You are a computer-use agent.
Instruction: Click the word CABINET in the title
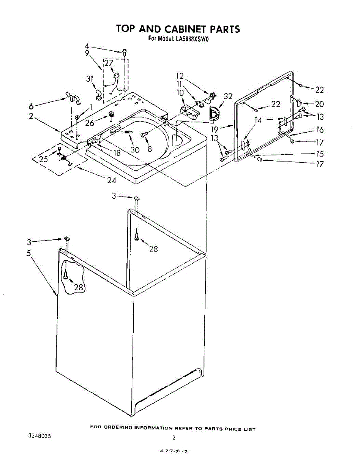click(182, 29)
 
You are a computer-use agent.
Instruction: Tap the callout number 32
click(228, 97)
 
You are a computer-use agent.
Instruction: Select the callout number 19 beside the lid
click(215, 129)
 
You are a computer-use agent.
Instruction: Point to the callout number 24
click(111, 180)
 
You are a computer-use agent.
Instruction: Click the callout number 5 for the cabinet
click(29, 253)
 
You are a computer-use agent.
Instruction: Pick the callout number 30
click(135, 150)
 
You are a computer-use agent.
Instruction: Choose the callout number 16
click(319, 130)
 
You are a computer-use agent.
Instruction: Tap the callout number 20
click(319, 104)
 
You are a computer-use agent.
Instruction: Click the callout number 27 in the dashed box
click(109, 63)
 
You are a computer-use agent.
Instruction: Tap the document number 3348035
click(40, 436)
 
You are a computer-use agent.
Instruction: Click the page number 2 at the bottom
click(174, 438)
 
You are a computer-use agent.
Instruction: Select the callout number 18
click(117, 154)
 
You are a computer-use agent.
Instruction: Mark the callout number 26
click(90, 123)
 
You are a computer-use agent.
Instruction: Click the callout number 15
click(320, 154)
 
